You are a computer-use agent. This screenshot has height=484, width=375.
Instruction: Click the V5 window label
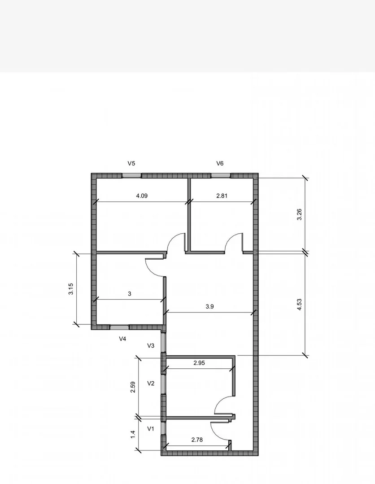pos(131,163)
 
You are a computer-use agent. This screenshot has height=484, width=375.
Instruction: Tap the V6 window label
pos(220,163)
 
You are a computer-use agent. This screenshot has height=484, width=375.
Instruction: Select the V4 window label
pos(122,339)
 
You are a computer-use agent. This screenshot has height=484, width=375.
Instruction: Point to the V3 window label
pos(151,346)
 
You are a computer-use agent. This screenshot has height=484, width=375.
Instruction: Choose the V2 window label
pos(151,384)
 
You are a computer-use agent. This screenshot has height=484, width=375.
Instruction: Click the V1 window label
pos(150,429)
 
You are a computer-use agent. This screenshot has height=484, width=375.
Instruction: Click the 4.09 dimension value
pos(142,196)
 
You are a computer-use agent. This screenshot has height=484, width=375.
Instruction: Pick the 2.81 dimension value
pos(222,196)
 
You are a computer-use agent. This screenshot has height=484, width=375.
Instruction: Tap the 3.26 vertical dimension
pos(299,214)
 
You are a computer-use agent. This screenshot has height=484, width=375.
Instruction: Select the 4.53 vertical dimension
pos(299,305)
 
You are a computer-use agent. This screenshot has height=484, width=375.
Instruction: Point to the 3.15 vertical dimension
pos(71,289)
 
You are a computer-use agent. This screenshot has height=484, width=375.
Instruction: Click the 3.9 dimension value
pos(209,306)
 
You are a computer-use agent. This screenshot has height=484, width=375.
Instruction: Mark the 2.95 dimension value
pos(199,363)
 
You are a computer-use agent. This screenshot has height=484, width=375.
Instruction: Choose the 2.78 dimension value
pos(197,440)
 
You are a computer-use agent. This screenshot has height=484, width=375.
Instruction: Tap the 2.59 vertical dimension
pos(133,387)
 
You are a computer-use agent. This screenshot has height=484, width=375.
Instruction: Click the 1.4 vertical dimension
pos(133,434)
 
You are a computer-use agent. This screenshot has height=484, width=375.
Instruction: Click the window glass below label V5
pos(131,176)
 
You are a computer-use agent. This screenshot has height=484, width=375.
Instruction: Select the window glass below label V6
pos(220,176)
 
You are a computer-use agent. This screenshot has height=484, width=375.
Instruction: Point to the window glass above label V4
pos(119,327)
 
